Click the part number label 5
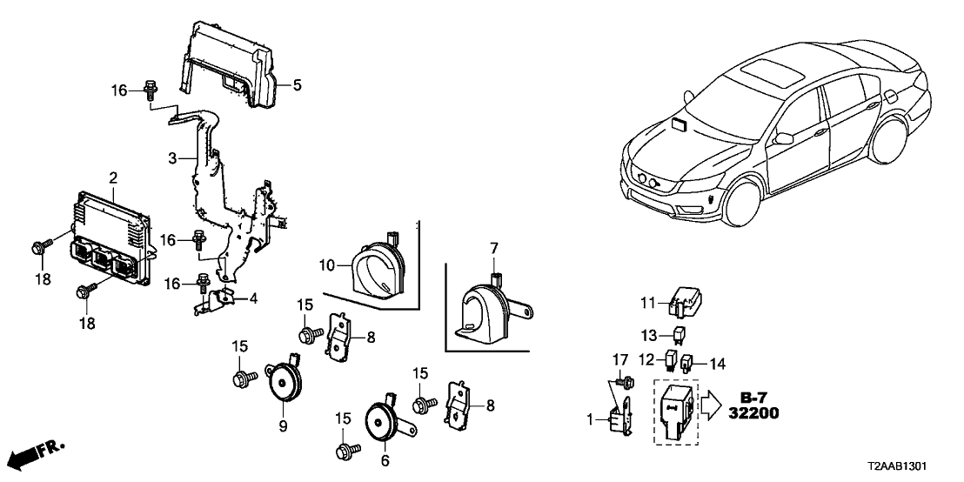[x=297, y=85]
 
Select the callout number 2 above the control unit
[x=112, y=177]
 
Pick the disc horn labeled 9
[x=284, y=382]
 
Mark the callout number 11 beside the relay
[x=646, y=303]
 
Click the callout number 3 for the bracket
[x=171, y=158]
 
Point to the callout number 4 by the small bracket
[x=252, y=299]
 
